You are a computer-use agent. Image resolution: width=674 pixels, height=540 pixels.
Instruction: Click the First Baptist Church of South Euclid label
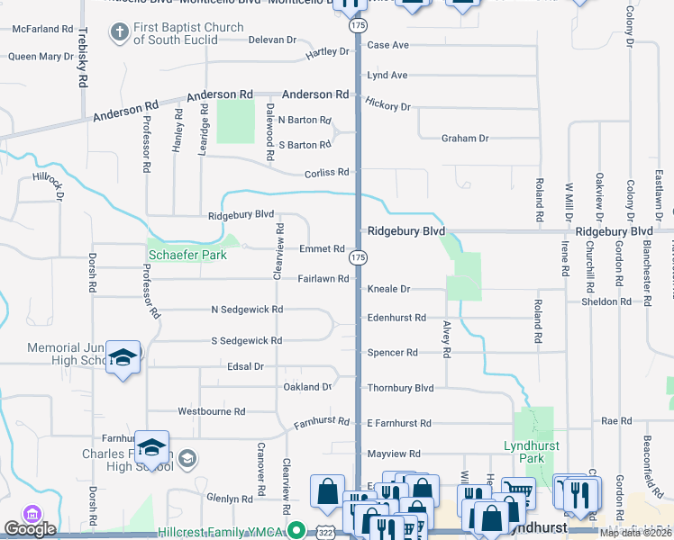pos(187,34)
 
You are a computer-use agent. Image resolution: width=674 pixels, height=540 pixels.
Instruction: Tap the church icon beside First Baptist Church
pos(119,34)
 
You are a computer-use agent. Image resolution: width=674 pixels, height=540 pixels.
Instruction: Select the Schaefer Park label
pos(187,255)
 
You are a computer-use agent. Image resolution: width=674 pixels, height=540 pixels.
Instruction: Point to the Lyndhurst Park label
pos(532,452)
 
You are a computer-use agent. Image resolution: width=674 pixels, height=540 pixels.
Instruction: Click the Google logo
pos(30,529)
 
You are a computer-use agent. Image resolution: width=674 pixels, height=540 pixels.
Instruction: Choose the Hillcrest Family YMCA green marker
pos(296,531)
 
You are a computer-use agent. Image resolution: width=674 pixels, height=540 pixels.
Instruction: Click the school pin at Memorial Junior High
pos(123,358)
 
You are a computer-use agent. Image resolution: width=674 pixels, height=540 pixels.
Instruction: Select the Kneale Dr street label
pos(388,290)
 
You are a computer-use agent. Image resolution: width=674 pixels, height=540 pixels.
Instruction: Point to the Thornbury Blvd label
pos(400,388)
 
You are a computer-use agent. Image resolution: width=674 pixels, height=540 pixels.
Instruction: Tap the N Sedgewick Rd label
pos(247,310)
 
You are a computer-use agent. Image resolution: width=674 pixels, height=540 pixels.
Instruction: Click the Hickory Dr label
pos(388,105)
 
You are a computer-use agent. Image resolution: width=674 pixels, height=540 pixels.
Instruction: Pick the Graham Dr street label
pos(464,139)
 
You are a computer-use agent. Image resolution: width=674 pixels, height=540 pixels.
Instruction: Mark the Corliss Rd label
pos(326,172)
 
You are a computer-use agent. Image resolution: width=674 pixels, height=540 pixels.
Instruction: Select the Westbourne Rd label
pos(211,411)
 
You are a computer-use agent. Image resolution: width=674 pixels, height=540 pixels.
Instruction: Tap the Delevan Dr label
pos(272,40)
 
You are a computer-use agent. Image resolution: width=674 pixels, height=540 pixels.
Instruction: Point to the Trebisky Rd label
pos(82,56)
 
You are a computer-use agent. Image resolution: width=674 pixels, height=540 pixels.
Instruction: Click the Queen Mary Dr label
pos(41,57)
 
